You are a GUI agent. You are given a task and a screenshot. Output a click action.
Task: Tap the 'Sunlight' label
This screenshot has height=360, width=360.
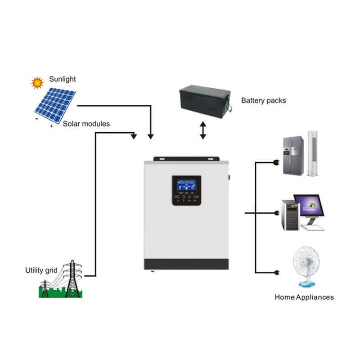point(62,79)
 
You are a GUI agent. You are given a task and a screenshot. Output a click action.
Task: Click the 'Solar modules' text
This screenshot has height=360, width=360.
point(86,124)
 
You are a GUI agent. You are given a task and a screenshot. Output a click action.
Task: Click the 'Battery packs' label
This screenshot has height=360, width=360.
point(263,101)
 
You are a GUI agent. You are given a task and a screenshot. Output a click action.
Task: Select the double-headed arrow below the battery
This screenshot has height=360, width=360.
point(203,130)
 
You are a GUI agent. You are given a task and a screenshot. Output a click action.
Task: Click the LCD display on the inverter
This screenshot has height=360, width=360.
point(184,184)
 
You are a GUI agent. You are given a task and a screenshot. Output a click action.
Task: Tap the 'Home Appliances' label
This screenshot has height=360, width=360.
point(304,297)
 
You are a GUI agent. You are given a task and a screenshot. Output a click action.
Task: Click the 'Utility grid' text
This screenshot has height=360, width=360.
point(41,270)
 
